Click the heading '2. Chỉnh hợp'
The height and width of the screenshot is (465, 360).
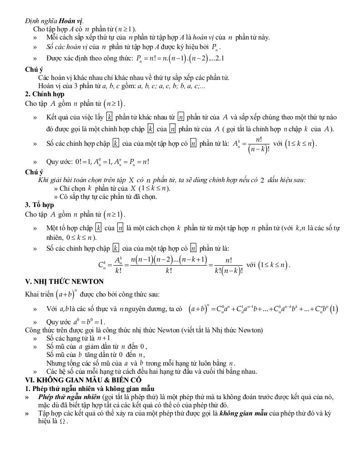pyautogui.click(x=45, y=94)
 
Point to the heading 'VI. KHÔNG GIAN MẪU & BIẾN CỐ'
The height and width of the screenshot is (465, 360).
pyautogui.click(x=83, y=380)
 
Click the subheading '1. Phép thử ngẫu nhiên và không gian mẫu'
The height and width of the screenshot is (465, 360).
pyautogui.click(x=90, y=388)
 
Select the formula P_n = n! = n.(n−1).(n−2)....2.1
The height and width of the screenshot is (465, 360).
pyautogui.click(x=180, y=59)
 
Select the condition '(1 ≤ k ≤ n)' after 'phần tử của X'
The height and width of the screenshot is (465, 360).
pyautogui.click(x=155, y=188)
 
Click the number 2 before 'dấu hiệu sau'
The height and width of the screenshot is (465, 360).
pyautogui.click(x=262, y=180)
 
